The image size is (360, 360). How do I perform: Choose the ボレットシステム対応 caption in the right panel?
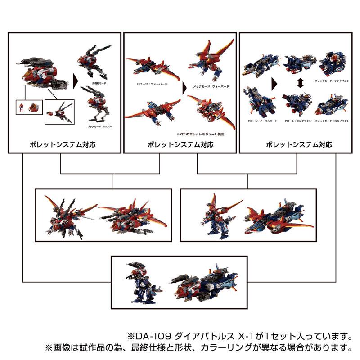299,145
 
